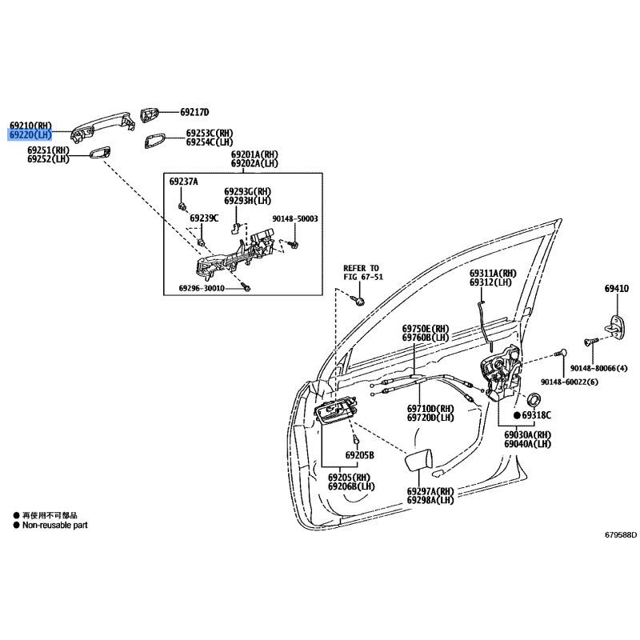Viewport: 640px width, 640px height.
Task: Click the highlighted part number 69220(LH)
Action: click(x=30, y=136)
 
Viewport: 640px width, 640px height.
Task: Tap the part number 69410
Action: click(x=616, y=289)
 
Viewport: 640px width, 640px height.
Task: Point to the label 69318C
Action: click(x=537, y=416)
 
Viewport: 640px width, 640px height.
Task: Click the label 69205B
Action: click(x=360, y=455)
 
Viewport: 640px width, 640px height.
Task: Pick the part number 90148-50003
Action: click(x=294, y=218)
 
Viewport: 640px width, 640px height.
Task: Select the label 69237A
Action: click(x=183, y=182)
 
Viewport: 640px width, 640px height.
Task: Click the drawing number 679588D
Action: click(x=620, y=535)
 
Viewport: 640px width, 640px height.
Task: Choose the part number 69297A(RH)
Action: click(x=430, y=491)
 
